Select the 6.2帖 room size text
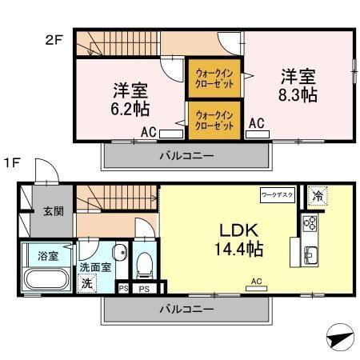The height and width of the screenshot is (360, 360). point(129,107)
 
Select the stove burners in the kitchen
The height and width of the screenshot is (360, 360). point(310,223)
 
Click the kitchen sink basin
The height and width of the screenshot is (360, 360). point(310,258)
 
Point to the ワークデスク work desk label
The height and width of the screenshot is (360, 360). point(277,194)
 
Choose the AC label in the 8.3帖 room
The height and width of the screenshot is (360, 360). point(257,123)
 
